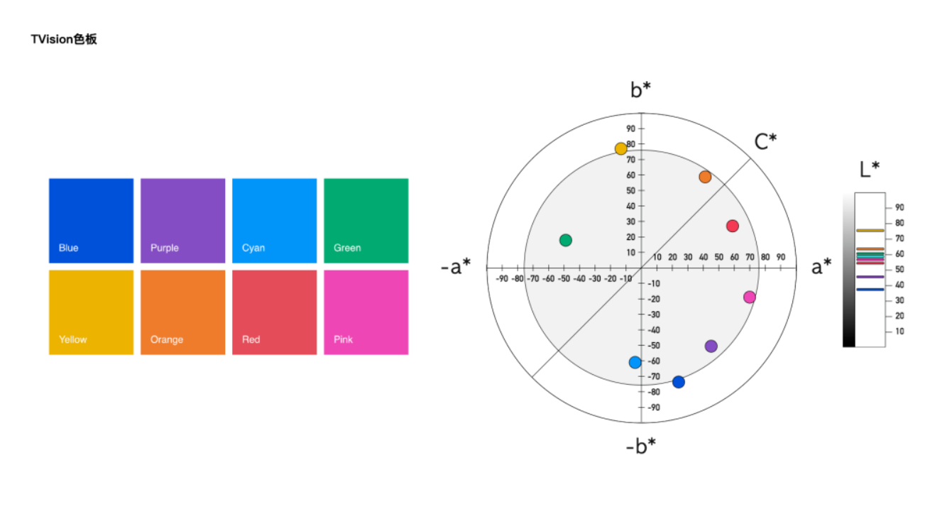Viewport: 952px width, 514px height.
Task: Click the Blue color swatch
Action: tap(91, 220)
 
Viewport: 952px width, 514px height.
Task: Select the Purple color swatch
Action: tap(182, 220)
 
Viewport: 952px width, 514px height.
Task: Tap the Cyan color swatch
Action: tap(274, 220)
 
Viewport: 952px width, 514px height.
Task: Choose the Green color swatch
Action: tap(366, 220)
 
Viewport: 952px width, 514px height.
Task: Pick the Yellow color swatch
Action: tap(91, 312)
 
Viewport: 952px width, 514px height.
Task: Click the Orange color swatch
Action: tap(182, 312)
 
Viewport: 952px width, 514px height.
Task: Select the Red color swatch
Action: tap(274, 312)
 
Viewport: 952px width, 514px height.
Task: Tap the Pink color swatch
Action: tap(366, 312)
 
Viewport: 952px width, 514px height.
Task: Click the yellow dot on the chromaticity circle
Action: tap(621, 148)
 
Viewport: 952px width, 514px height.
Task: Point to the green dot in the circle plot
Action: tap(565, 240)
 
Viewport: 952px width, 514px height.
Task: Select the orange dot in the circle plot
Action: tap(705, 177)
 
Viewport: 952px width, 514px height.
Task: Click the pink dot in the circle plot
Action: tap(750, 297)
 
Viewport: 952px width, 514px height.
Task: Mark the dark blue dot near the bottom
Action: tap(679, 382)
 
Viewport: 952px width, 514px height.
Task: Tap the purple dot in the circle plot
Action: tap(711, 346)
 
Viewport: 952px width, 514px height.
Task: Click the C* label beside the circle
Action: tap(765, 142)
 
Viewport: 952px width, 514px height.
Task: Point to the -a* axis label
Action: tap(456, 267)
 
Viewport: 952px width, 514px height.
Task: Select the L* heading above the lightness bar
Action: tap(870, 169)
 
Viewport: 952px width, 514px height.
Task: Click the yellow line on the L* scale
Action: tap(870, 231)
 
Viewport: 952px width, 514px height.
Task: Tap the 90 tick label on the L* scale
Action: tap(899, 207)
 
